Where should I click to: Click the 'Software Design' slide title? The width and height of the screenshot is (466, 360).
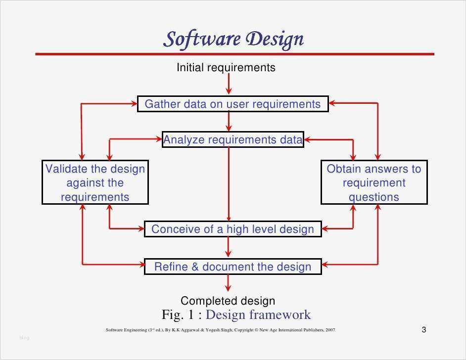(233, 39)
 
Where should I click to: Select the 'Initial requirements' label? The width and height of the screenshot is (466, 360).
(226, 67)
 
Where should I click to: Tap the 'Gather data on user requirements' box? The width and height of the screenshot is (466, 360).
(233, 104)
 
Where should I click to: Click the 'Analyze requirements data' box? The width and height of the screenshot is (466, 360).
(233, 139)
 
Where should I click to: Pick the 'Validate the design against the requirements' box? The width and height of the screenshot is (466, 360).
(95, 182)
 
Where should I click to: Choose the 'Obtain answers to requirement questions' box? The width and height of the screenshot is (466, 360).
(374, 182)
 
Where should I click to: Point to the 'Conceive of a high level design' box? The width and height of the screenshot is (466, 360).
(233, 229)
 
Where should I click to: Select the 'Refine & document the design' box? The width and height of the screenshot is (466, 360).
(233, 267)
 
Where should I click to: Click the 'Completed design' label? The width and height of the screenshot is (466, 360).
(228, 301)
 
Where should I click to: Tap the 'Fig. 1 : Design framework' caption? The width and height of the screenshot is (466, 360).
(236, 315)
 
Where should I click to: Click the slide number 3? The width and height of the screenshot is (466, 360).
(424, 329)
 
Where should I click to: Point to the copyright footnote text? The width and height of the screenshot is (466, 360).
(221, 330)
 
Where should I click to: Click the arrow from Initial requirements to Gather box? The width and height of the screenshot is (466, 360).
(229, 84)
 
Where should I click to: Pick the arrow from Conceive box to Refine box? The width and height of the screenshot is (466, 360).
(228, 247)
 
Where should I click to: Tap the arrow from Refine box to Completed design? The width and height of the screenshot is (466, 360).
(228, 283)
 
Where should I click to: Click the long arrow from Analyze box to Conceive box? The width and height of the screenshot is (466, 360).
(229, 184)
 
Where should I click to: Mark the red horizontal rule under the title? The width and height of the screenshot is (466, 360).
(235, 54)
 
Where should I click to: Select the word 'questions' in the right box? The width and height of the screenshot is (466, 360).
(374, 197)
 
